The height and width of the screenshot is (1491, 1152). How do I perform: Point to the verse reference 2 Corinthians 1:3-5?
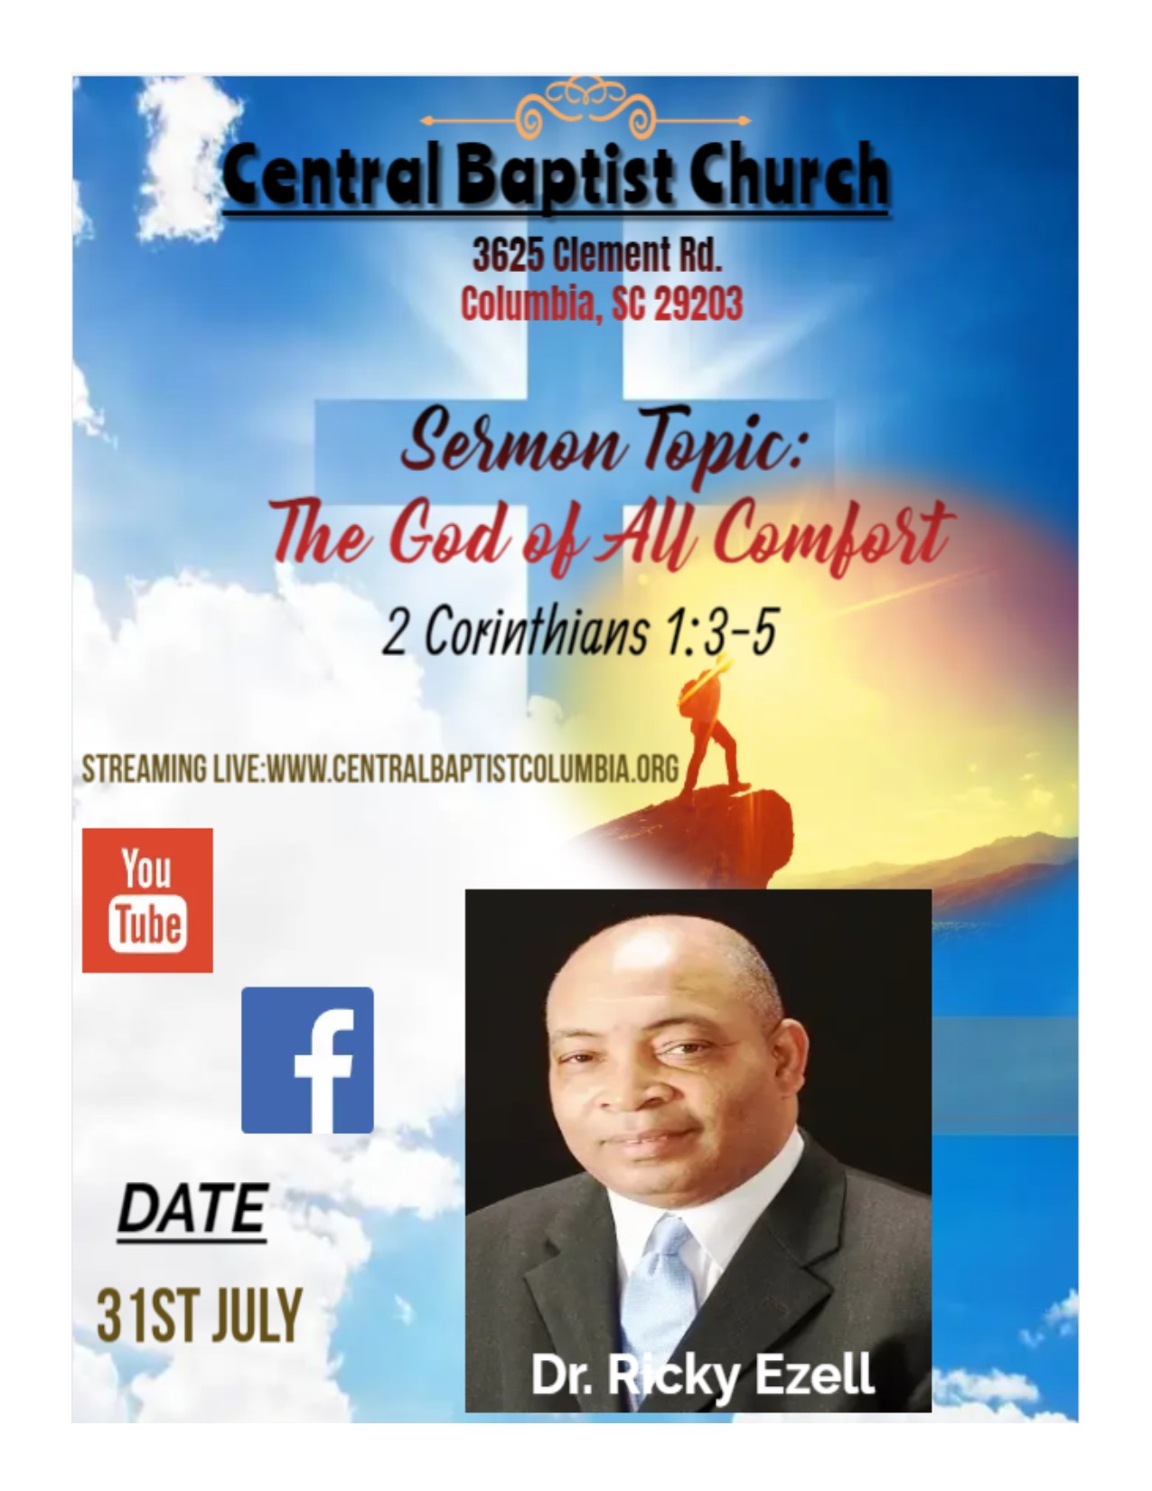point(580,632)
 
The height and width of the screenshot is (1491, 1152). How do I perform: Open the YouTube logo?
point(147,900)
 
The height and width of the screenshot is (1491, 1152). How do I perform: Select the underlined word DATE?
point(192,1209)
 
